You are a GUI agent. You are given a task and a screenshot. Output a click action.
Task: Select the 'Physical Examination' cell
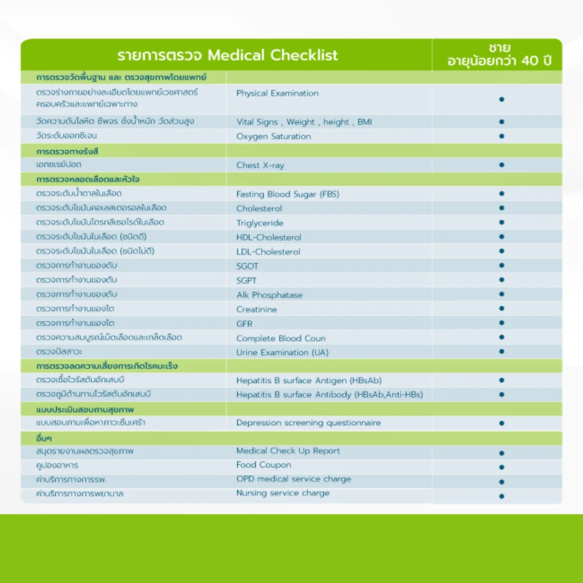(x=277, y=93)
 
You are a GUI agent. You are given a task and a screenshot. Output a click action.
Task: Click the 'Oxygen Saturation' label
(x=273, y=136)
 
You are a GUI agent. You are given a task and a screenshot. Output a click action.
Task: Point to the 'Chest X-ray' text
(x=260, y=165)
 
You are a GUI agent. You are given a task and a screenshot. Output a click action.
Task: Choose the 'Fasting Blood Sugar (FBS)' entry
(x=288, y=194)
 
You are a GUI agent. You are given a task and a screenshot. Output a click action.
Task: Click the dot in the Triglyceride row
(x=501, y=222)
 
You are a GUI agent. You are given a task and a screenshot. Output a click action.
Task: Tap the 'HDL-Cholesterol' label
(x=269, y=237)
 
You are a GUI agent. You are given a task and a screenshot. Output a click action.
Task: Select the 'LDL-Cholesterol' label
(x=268, y=252)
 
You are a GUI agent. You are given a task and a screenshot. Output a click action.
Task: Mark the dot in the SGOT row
(x=501, y=266)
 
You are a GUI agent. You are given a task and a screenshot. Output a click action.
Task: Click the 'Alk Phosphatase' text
(x=269, y=295)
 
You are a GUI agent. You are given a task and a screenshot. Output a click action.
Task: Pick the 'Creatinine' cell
(x=257, y=309)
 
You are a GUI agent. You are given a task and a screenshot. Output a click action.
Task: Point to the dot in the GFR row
(x=501, y=323)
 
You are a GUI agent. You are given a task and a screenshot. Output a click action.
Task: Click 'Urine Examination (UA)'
(x=283, y=352)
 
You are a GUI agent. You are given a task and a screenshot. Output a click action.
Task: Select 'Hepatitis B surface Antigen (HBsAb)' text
(x=309, y=380)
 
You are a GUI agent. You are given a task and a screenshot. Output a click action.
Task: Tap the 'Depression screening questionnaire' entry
(x=309, y=423)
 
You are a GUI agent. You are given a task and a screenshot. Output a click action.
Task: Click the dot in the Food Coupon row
(x=501, y=467)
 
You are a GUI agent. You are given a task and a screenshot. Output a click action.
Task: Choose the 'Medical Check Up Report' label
(x=288, y=451)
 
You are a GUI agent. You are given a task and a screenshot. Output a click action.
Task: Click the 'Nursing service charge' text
(x=283, y=493)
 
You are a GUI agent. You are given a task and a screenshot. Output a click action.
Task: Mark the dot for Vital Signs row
(x=501, y=121)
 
